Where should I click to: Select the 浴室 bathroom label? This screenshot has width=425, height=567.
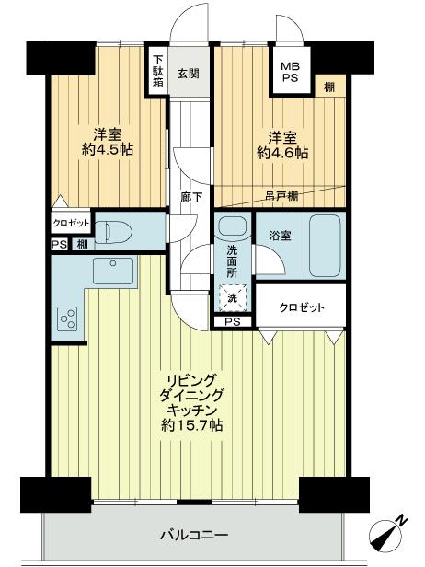[x=280, y=236]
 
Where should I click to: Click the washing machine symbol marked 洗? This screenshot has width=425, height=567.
[x=231, y=298]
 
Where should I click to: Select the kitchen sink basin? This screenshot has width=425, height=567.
[x=112, y=271]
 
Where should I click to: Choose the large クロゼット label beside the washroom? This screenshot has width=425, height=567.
[x=302, y=307]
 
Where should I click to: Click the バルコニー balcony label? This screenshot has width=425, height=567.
[x=194, y=534]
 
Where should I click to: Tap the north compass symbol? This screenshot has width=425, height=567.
[x=390, y=534]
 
